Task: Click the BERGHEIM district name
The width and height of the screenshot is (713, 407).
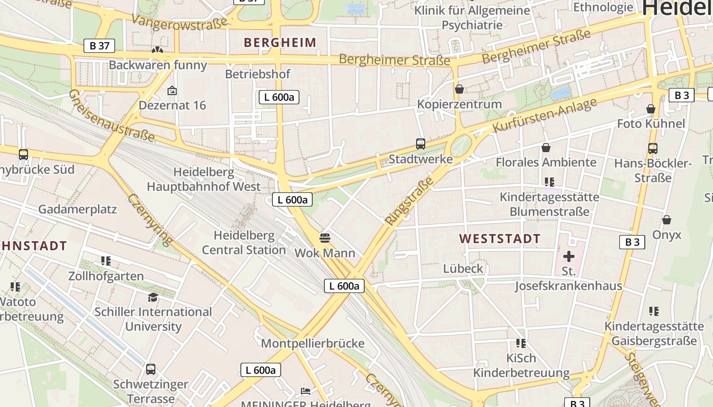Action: coord(280,42)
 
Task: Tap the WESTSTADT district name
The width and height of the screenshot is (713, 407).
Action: coord(500,239)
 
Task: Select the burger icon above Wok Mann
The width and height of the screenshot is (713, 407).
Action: coord(325,238)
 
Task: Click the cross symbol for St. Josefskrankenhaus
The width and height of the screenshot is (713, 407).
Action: coord(569,256)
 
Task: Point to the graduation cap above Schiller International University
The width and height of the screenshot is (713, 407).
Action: coord(153,297)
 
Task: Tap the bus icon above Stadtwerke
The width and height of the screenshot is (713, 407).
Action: coord(421,144)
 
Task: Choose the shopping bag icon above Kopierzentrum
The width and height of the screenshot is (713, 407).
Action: coord(459,89)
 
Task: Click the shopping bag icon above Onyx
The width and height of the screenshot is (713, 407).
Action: coord(667,220)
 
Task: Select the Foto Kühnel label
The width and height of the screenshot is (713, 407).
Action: coord(651,124)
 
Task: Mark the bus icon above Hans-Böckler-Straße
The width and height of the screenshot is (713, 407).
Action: coord(653,149)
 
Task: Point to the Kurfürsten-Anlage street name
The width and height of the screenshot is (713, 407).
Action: coord(545,115)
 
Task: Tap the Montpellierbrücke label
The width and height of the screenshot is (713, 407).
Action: coord(313,343)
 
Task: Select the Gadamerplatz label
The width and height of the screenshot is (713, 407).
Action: coord(77,209)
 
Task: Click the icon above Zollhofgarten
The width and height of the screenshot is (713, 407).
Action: coord(106,261)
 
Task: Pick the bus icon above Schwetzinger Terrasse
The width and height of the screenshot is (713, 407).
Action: coord(151,369)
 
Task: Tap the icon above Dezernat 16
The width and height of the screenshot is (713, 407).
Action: coord(172,91)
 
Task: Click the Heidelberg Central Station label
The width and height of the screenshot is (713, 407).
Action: coord(244,243)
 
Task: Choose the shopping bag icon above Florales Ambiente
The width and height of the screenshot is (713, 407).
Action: coord(546,148)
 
